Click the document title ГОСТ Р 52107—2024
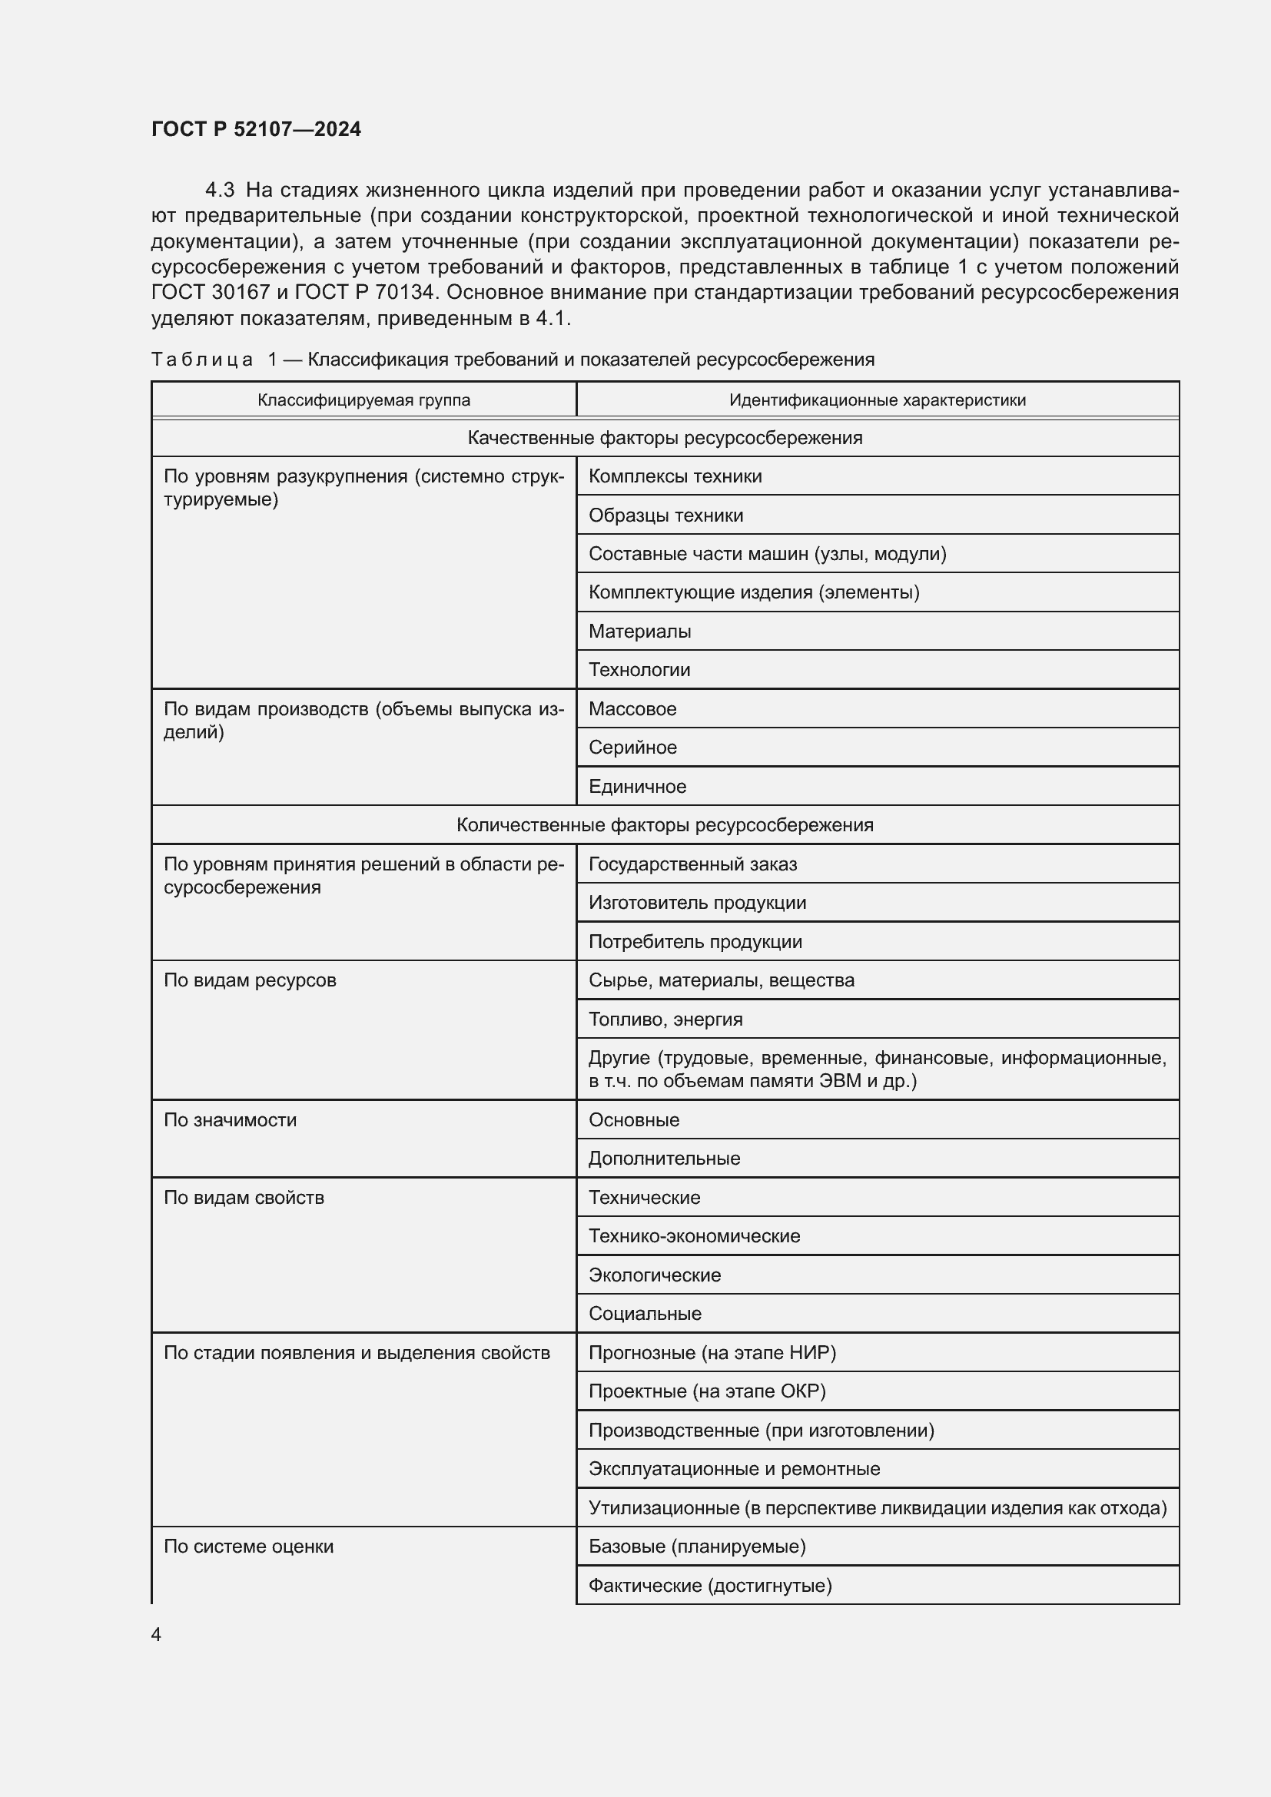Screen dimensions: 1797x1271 click(256, 129)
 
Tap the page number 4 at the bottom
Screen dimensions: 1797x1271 click(157, 1634)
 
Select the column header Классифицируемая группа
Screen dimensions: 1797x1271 click(364, 400)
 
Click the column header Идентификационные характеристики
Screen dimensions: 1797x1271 click(878, 400)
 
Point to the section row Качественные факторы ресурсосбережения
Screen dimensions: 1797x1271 click(665, 438)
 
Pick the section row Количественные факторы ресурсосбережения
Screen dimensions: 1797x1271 click(665, 825)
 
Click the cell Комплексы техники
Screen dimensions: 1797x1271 click(675, 476)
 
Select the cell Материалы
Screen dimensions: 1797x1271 click(639, 631)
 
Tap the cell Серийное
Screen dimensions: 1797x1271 click(632, 748)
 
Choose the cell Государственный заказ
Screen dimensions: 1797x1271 click(692, 864)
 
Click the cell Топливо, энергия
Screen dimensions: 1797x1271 click(665, 1019)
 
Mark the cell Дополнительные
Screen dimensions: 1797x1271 click(664, 1159)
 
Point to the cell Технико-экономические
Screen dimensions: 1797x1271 click(694, 1236)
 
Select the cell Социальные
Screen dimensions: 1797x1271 click(645, 1313)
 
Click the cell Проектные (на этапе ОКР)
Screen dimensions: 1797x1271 click(707, 1391)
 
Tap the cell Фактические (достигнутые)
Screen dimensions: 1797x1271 click(710, 1585)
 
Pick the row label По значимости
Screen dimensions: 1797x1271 click(230, 1120)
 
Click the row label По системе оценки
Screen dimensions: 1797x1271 click(248, 1547)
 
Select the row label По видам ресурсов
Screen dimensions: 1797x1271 click(250, 980)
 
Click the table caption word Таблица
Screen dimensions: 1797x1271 click(202, 360)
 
